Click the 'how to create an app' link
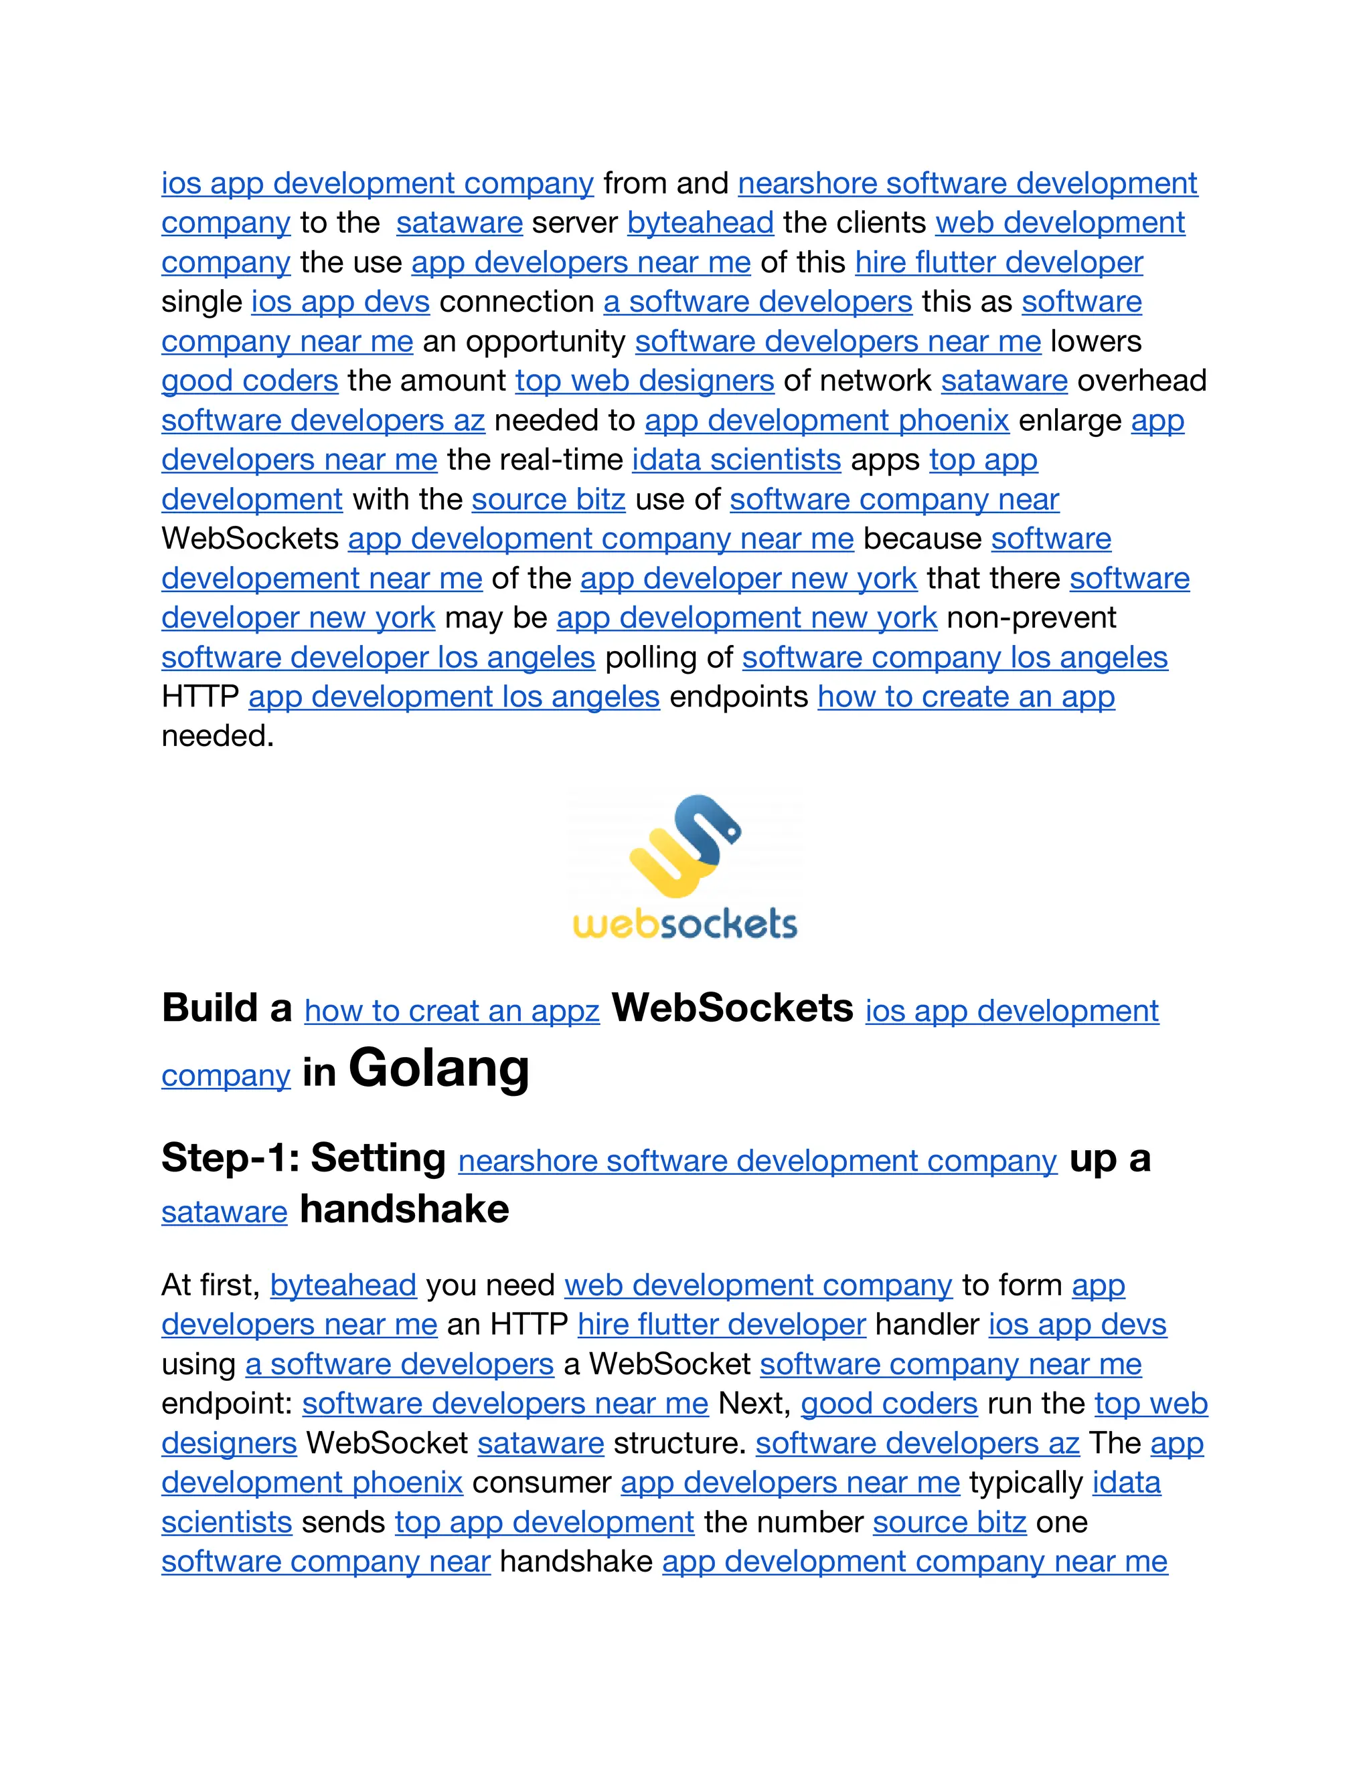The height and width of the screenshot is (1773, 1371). tap(966, 696)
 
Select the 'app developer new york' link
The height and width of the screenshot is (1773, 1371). tap(748, 578)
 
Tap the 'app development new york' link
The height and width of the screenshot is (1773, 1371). tap(746, 618)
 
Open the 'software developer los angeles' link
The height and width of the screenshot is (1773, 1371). tap(378, 657)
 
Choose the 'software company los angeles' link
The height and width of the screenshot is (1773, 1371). tap(955, 657)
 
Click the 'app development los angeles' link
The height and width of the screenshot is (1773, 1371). tap(453, 696)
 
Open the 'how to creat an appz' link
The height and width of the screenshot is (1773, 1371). tap(452, 1011)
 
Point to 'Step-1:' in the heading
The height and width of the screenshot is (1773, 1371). tap(230, 1157)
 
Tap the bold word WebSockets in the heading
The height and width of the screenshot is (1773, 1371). tap(732, 1008)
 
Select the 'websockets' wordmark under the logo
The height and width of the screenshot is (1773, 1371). tap(685, 925)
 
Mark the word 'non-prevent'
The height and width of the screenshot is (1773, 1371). tap(1032, 618)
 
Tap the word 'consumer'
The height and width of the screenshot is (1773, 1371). tap(541, 1483)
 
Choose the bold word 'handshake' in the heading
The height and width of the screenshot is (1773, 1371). tap(404, 1210)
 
